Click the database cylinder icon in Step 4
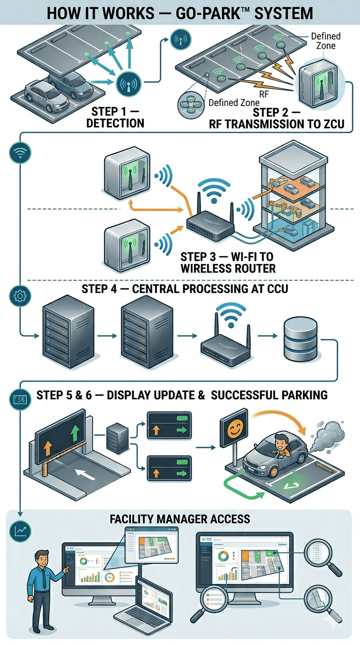(x=301, y=340)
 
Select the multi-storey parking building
(x=297, y=197)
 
